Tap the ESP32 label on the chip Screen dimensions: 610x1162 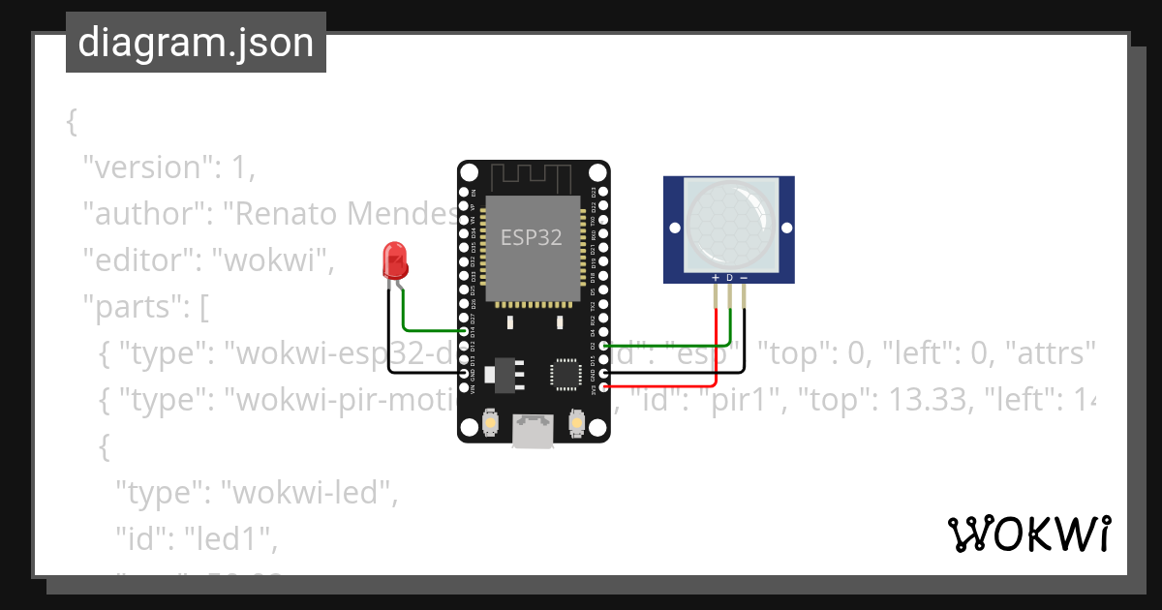pyautogui.click(x=531, y=237)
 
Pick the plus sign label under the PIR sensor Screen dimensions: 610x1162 pyautogui.click(x=716, y=278)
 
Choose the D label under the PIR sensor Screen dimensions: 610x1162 pyautogui.click(x=729, y=278)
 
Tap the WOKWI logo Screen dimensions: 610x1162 pyautogui.click(x=1028, y=534)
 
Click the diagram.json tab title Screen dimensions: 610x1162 pyautogui.click(x=196, y=43)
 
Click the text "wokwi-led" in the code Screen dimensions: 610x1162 pyautogui.click(x=310, y=493)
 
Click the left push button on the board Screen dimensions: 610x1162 pyautogui.click(x=490, y=423)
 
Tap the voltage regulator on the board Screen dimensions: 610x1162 pyautogui.click(x=505, y=370)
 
